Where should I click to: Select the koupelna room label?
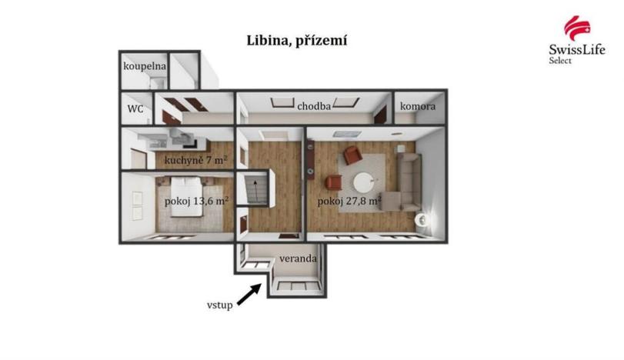145,67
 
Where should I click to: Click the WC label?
135,108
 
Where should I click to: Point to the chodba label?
314,106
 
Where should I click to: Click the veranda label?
298,258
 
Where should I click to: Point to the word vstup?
219,305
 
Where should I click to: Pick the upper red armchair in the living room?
352,155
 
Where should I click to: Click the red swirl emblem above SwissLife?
576,28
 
